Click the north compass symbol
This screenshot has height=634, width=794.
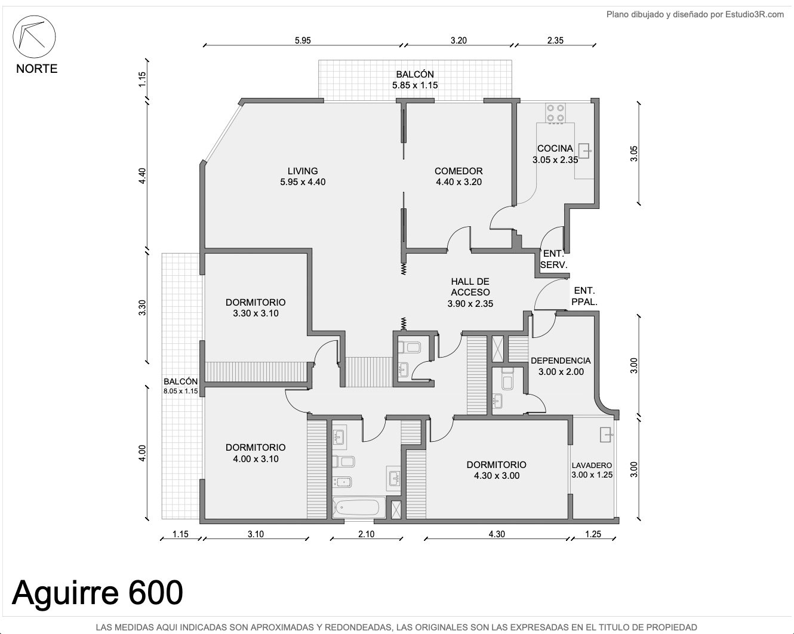tap(34, 36)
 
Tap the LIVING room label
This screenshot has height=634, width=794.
tap(303, 176)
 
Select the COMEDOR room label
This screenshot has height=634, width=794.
tap(458, 176)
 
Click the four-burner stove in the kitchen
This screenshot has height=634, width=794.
tap(555, 113)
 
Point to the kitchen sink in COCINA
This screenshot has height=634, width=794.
tap(584, 151)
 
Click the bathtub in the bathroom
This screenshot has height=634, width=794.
tap(356, 507)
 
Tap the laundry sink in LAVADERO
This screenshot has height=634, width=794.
tap(606, 435)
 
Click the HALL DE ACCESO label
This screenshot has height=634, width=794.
tap(470, 293)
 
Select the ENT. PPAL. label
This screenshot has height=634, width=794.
tap(584, 296)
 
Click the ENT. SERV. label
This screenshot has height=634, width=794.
tap(554, 260)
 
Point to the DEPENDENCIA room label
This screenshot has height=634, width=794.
tap(561, 366)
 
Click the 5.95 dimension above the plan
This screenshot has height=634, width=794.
tap(303, 41)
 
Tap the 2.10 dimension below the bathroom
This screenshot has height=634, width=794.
tap(366, 534)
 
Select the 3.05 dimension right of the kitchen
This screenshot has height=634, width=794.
tap(633, 153)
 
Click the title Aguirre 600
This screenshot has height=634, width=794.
tap(97, 593)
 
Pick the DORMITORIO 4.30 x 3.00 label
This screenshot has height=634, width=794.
tap(497, 470)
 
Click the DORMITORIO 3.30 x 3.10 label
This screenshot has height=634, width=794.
tap(256, 308)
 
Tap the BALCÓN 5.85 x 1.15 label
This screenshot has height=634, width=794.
tap(415, 80)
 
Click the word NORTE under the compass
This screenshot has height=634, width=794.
tap(36, 69)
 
